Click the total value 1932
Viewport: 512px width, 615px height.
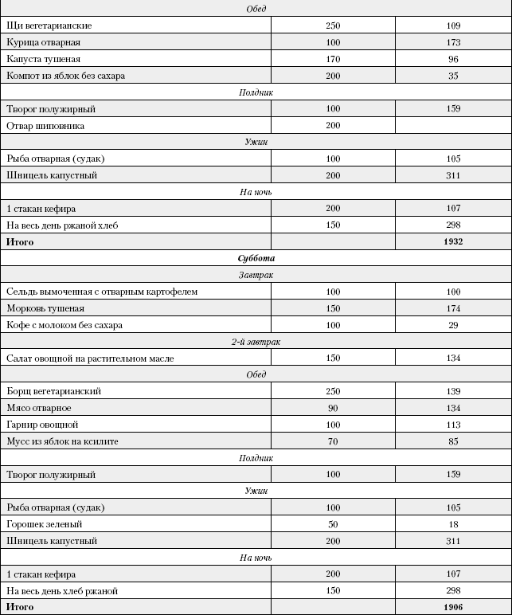tap(454, 241)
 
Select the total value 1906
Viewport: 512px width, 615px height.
tap(454, 607)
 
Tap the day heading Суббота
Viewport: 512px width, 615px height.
tap(256, 258)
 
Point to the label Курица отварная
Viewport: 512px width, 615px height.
tap(43, 42)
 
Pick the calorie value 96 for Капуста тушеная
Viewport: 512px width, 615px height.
tap(454, 59)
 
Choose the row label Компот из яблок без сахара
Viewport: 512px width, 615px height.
tap(65, 76)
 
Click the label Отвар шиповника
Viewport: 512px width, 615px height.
tap(45, 126)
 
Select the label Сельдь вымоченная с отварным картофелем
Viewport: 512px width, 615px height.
tap(102, 292)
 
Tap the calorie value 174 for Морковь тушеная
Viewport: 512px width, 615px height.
tap(454, 308)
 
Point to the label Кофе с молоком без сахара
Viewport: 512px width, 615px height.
tap(64, 325)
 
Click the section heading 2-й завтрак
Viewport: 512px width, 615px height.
tap(256, 342)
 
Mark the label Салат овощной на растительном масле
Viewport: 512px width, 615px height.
tap(90, 358)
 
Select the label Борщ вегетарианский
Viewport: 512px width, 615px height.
tap(54, 391)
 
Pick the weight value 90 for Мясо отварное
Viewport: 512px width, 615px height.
tap(333, 408)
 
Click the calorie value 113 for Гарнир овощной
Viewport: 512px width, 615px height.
tap(454, 425)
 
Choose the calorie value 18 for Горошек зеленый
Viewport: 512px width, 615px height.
tap(454, 524)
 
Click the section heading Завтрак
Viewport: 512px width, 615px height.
tap(256, 275)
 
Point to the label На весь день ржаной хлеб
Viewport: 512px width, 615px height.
tap(62, 225)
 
